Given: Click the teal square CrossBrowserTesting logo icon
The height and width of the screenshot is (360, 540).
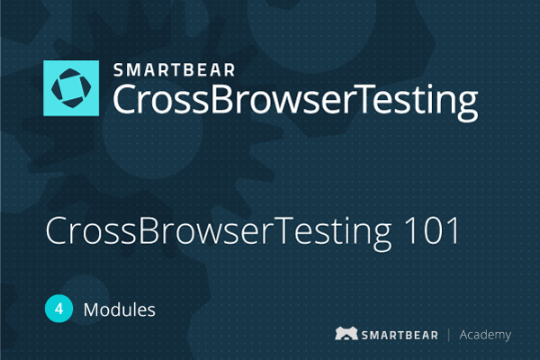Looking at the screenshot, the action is pos(71,88).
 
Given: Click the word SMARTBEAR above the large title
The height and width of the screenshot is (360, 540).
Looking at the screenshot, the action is pos(175,70).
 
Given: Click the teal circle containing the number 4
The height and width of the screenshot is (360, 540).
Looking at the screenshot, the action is pos(58,309).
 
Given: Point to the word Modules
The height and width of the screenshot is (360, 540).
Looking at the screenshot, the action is pos(119,310).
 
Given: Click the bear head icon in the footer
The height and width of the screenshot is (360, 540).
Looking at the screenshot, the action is pos(346,334).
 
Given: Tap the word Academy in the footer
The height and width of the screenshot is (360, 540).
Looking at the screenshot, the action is pos(485,335).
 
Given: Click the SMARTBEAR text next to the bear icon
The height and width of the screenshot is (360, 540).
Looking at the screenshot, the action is pos(400,335).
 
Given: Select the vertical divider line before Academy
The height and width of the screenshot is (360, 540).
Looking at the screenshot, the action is pos(449,335).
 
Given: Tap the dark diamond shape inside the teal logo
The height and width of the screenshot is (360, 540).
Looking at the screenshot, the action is pos(71,88).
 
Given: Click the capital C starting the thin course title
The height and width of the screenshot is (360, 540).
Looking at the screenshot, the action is pos(57,230).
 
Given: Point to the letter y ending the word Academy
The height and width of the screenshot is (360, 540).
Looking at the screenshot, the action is pos(507,337).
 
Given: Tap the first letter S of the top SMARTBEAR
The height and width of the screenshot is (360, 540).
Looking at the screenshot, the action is pos(119,70).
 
